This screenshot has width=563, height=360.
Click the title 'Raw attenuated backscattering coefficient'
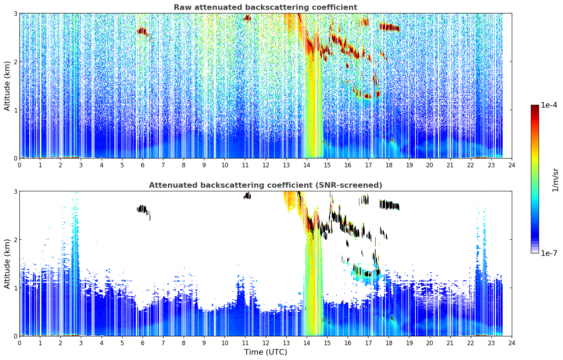265,7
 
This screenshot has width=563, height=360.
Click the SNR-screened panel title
265,185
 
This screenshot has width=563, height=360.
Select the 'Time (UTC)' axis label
265,352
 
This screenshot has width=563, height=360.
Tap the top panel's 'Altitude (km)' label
7,86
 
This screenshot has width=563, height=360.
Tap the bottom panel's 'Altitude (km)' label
7,264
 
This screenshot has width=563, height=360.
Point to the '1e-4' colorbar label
549,105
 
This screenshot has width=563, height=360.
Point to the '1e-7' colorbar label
549,253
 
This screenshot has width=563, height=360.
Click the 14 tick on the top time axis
307,165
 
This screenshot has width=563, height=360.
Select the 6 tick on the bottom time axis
143,343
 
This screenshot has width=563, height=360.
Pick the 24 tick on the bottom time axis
512,343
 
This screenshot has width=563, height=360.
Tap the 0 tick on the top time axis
20,165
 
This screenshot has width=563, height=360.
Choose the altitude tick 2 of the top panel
15,62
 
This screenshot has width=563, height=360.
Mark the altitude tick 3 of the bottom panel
15,191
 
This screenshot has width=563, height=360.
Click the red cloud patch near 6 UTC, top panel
143,31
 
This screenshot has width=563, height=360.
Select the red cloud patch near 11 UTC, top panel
247,18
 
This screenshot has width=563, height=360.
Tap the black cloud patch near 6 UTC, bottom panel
143,209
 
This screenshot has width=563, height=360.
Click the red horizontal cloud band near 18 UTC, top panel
389,27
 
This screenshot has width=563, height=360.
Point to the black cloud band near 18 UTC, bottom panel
389,205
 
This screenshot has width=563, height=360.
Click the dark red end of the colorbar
535,107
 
